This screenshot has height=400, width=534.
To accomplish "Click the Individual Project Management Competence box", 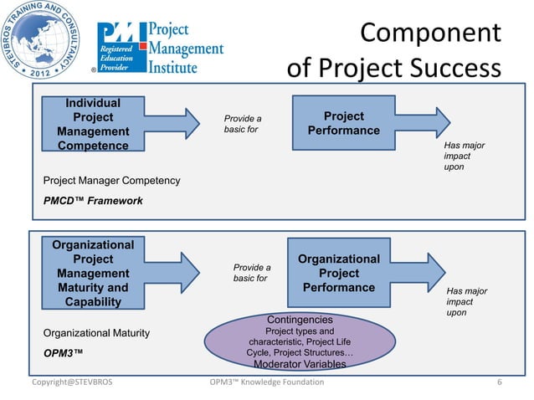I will [x=93, y=125].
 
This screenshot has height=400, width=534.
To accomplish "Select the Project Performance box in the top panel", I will [x=343, y=123].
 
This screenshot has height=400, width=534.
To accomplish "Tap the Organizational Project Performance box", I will [x=339, y=273].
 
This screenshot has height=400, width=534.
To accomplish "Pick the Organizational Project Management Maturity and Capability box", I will [x=93, y=273].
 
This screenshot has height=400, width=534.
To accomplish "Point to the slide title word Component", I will [x=430, y=33].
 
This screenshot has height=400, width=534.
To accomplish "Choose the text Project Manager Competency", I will [x=111, y=180].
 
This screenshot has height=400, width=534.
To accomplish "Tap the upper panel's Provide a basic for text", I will [x=242, y=125].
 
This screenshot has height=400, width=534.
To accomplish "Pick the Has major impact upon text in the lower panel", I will [x=466, y=301].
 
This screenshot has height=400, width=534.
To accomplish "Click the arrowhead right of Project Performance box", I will [x=446, y=122].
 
